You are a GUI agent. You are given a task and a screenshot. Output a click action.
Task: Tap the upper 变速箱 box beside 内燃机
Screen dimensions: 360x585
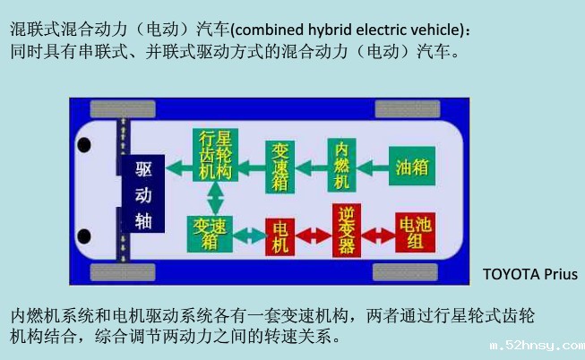[280, 166]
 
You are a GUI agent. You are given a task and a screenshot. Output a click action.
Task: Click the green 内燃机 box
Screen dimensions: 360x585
[340, 165]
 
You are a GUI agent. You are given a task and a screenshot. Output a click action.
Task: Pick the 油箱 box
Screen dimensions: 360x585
[410, 167]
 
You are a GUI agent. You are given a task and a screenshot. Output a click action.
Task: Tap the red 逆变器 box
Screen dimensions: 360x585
[348, 231]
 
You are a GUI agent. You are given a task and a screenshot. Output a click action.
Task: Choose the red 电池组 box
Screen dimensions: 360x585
[414, 231]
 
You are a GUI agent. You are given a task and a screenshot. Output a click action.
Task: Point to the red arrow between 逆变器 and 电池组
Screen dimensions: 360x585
[381, 234]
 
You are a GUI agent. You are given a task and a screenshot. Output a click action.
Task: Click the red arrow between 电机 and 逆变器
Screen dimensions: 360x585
[314, 234]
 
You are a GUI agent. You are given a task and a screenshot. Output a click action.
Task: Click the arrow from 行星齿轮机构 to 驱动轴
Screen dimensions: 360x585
[180, 167]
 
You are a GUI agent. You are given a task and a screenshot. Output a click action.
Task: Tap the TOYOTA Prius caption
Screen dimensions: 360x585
[529, 274]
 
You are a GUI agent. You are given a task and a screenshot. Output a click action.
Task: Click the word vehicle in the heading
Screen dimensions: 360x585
[436, 30]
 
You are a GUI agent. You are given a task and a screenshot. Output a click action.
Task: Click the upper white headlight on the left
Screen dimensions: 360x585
[84, 144]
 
